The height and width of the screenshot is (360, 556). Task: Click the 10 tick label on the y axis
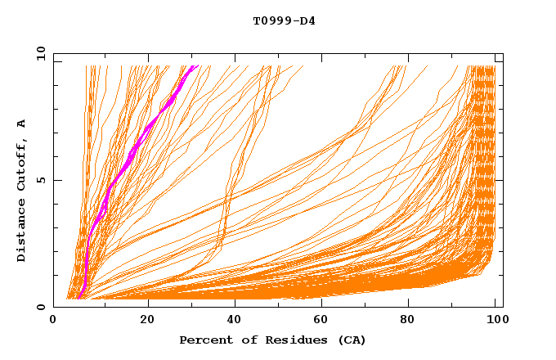(40, 53)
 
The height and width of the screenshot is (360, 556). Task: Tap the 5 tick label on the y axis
(43, 180)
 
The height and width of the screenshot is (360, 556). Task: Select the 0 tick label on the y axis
(43, 307)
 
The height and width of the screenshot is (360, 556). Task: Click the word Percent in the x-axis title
(204, 340)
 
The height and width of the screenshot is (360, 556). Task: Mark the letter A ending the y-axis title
(22, 124)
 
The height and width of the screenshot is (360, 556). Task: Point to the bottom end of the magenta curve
(78, 298)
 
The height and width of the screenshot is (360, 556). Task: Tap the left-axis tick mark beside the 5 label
(56, 180)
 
